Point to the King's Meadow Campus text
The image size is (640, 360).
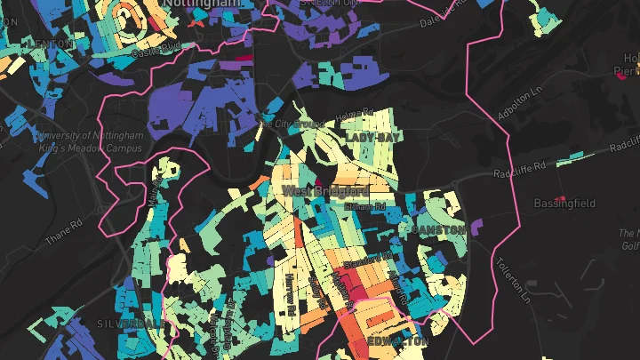[92, 148]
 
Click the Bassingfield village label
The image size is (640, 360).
[564, 204]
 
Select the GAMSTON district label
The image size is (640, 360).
[439, 230]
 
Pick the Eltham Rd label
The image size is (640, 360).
[365, 206]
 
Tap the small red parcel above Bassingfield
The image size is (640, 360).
[560, 197]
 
